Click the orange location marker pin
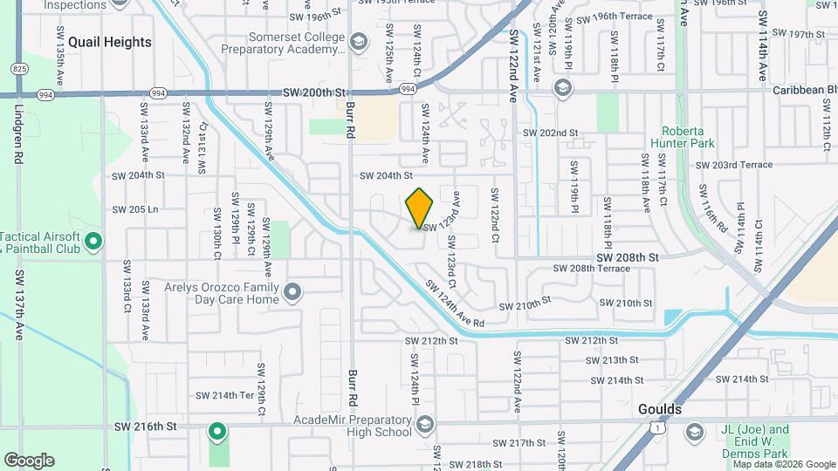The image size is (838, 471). (420, 208)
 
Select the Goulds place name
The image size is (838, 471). (659, 408)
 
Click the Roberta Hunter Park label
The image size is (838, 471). (682, 137)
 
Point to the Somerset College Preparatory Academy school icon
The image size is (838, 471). (357, 42)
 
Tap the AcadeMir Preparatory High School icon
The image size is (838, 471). (424, 424)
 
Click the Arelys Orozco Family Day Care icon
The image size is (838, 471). (292, 291)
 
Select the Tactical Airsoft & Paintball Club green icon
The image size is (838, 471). (95, 241)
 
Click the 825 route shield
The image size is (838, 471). (19, 68)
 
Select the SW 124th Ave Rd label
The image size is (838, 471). (455, 304)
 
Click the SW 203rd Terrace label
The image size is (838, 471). (734, 165)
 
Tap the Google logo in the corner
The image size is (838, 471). (29, 460)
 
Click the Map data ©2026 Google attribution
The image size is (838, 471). (784, 464)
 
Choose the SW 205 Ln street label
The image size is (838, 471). (135, 209)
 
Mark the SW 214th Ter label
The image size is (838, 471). (224, 395)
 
